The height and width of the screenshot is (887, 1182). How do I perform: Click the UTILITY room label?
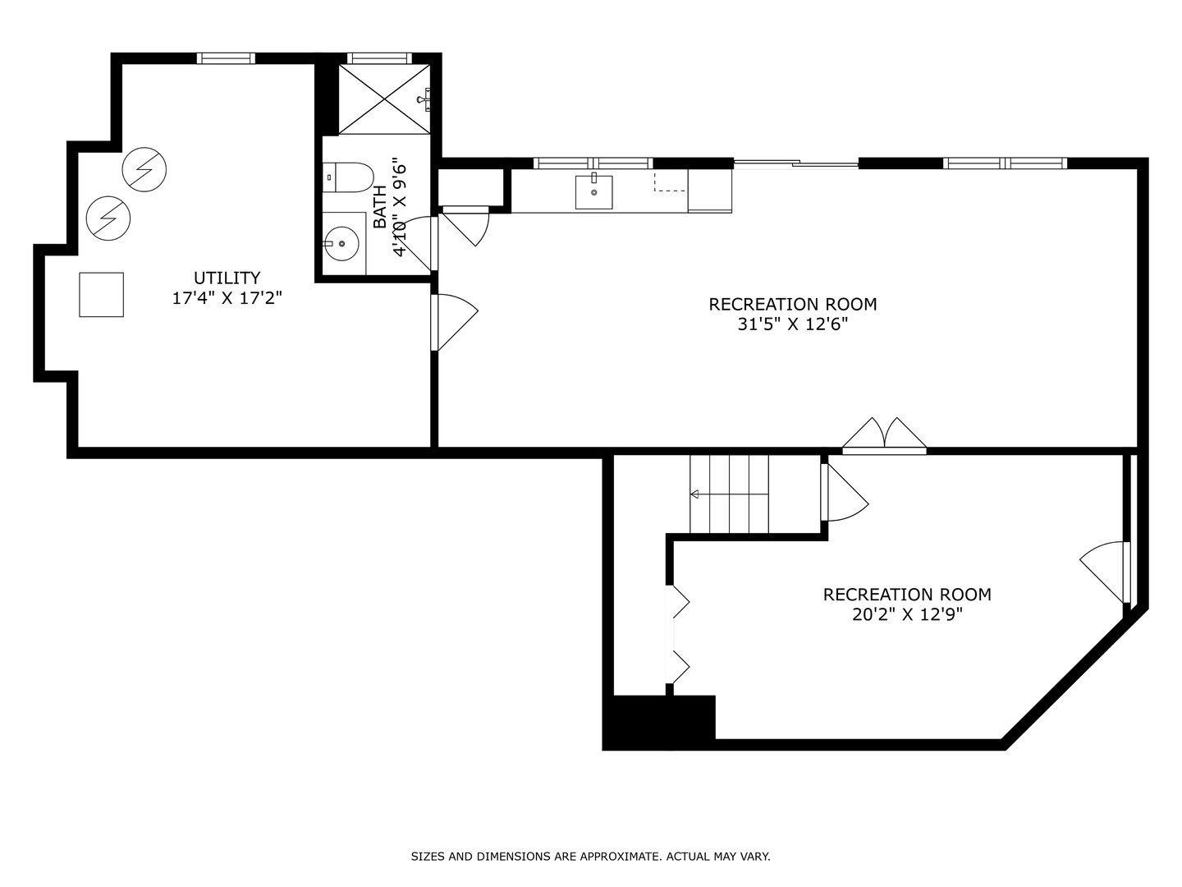[227, 278]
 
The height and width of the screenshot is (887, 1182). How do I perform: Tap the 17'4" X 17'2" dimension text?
[227, 298]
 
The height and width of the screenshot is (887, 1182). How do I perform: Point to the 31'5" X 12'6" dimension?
[792, 324]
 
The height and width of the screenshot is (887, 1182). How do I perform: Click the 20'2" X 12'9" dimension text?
[907, 614]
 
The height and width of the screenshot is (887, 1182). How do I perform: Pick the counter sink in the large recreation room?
[593, 192]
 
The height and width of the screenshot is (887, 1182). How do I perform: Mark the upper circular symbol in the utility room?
[144, 170]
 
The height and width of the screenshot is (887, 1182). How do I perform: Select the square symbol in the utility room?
[101, 294]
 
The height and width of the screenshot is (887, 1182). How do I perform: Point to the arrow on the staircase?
[694, 494]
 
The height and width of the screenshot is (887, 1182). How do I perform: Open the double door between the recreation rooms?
[884, 436]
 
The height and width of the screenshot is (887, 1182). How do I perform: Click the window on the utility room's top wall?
[226, 58]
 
